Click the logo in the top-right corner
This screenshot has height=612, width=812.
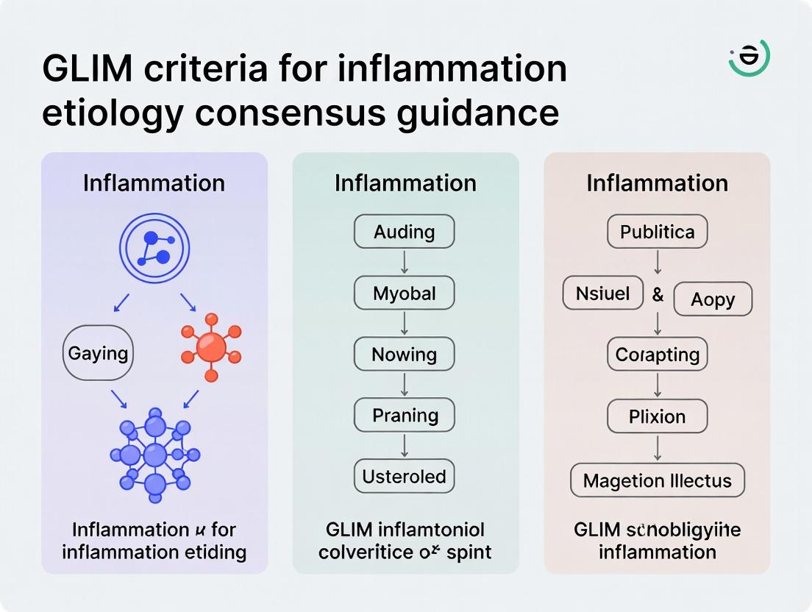[x=749, y=57]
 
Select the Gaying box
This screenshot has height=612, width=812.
[x=98, y=353]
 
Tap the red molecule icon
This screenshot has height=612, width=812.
[x=211, y=347]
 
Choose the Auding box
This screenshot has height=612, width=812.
[x=404, y=232]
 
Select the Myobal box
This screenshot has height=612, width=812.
[x=404, y=293]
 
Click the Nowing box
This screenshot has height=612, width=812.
[x=404, y=355]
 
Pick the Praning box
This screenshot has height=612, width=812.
[x=404, y=415]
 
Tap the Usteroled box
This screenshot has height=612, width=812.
[x=404, y=476]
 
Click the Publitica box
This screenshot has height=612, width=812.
[x=657, y=232]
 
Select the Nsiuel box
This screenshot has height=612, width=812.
[x=602, y=293]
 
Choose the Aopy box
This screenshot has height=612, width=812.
[x=713, y=299]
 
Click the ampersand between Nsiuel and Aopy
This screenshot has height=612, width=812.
[x=658, y=295]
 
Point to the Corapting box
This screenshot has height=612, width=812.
[x=657, y=355]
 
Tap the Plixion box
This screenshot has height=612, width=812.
[x=657, y=416]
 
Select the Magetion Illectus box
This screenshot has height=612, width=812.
[x=657, y=481]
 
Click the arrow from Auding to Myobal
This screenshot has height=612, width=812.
[x=404, y=263]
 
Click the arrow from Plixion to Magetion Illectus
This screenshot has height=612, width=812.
[x=657, y=448]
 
